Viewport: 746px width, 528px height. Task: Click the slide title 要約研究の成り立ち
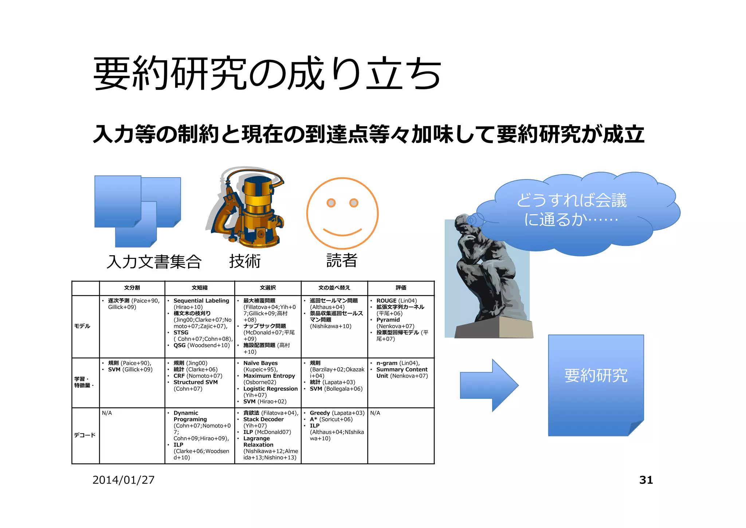click(x=267, y=74)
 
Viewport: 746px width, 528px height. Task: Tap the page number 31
click(x=646, y=480)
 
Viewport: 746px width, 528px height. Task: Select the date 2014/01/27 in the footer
click(x=123, y=480)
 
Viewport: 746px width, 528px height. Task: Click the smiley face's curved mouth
click(x=342, y=232)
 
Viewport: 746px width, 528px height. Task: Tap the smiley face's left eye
click(x=331, y=203)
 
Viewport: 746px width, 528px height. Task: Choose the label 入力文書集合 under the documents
click(x=154, y=261)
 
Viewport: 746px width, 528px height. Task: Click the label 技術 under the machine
click(x=245, y=261)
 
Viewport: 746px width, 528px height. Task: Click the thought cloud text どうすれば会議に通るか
click(x=572, y=210)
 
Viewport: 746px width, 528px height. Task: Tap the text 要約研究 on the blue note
click(x=596, y=376)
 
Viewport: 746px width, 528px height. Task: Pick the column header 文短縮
click(x=200, y=288)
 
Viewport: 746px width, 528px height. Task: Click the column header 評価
click(x=401, y=288)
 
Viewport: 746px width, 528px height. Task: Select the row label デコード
click(x=85, y=435)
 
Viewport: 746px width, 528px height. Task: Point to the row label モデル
click(x=82, y=326)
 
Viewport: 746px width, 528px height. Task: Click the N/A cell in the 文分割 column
click(x=107, y=413)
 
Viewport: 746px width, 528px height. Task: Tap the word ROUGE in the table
click(x=386, y=301)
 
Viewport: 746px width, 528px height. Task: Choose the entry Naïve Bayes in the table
click(x=260, y=363)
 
